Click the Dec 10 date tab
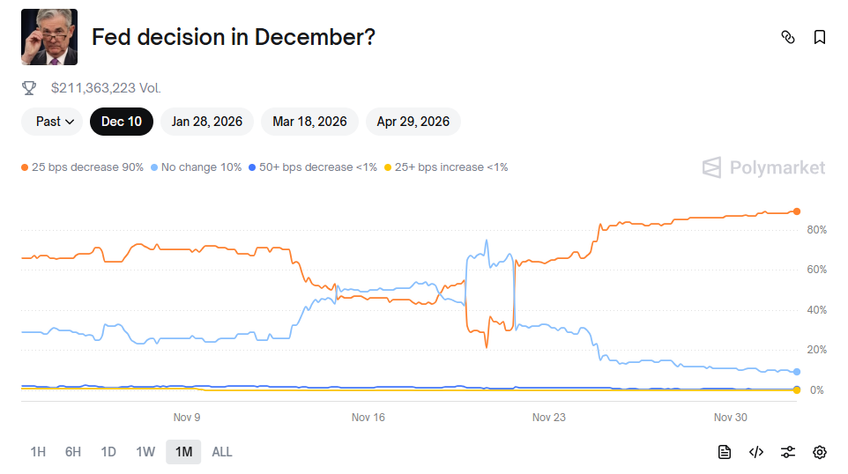coord(122,122)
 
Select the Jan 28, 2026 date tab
coord(207,122)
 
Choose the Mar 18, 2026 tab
coord(309,122)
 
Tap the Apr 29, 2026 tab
coord(413,122)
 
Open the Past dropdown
coord(52,122)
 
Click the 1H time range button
coord(38,452)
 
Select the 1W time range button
coord(145,452)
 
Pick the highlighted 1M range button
coord(183,452)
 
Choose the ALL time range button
coord(222,452)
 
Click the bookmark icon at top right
coord(820,37)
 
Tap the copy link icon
coord(788,37)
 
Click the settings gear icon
coord(820,452)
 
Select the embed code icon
coord(756,452)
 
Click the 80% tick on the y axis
coord(816,230)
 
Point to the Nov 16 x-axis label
coord(368,418)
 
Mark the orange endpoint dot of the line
coord(796,211)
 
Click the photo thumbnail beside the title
coord(49,37)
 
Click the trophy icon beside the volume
coord(29,88)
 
